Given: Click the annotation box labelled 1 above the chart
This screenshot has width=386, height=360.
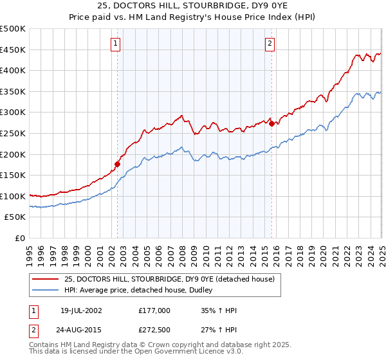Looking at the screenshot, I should pos(115,44).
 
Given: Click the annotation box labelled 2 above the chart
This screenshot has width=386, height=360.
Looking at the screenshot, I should pos(269,44).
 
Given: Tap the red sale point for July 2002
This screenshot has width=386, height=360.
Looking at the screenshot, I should pos(118,164).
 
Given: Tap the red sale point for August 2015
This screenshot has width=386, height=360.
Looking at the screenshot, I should pos(271,124).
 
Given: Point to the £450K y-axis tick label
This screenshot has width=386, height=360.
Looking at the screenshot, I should pos(13,50).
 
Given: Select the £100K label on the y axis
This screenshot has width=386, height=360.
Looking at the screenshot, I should pos(13,196).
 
